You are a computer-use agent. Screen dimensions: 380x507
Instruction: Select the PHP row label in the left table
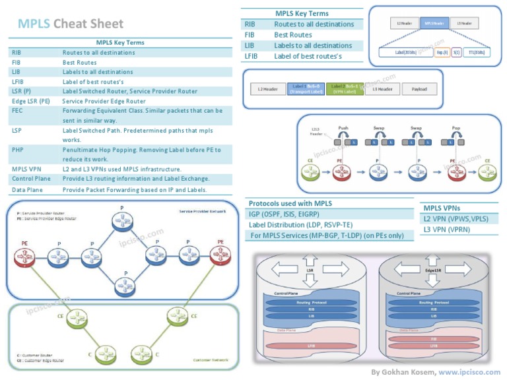[17, 150]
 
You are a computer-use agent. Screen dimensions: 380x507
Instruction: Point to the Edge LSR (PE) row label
[31, 102]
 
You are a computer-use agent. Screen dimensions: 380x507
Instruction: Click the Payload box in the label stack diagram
[419, 89]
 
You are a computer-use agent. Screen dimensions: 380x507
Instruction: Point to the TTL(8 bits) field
[476, 51]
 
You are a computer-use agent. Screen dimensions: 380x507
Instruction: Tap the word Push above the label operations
[344, 128]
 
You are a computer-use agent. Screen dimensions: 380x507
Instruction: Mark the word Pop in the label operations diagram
[456, 128]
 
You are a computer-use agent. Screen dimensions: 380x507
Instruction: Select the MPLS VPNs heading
[442, 208]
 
